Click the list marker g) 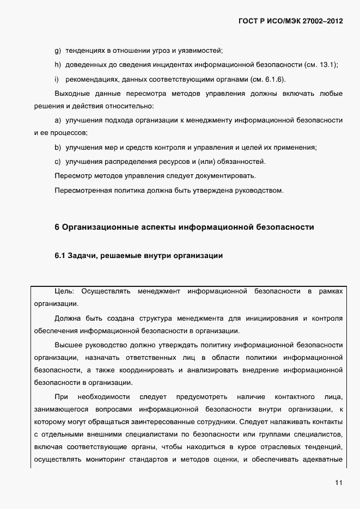[x=57, y=51]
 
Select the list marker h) [x=57, y=65]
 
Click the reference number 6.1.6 [x=273, y=79]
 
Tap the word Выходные [x=72, y=94]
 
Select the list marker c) [x=57, y=162]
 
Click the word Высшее [x=70, y=345]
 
